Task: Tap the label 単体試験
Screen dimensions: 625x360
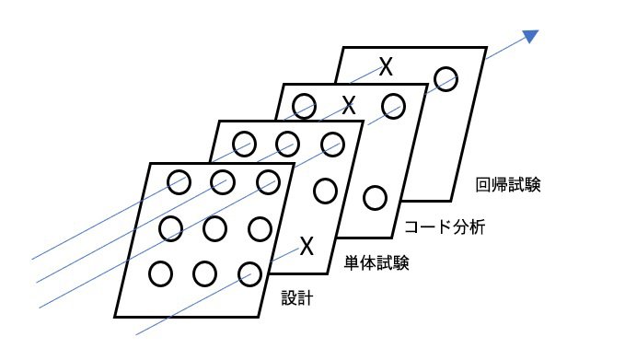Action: click(376, 263)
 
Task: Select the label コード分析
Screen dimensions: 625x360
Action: click(444, 226)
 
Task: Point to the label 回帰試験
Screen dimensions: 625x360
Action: click(506, 183)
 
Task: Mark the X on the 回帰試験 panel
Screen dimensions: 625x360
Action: click(387, 65)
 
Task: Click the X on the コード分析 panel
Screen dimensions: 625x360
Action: click(348, 104)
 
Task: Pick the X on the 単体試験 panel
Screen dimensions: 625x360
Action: click(307, 246)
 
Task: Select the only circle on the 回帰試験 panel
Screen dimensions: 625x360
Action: click(446, 78)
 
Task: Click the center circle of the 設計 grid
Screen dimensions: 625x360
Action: click(214, 226)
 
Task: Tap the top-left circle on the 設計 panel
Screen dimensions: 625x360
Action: click(178, 181)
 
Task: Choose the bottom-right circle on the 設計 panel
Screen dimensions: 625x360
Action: click(249, 273)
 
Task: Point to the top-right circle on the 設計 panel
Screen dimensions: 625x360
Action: click(268, 180)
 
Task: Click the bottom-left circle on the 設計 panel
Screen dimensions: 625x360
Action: click(160, 273)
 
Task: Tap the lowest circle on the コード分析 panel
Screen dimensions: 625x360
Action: click(374, 197)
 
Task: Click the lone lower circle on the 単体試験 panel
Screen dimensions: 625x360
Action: click(325, 191)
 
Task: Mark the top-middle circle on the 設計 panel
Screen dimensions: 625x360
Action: click(222, 180)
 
